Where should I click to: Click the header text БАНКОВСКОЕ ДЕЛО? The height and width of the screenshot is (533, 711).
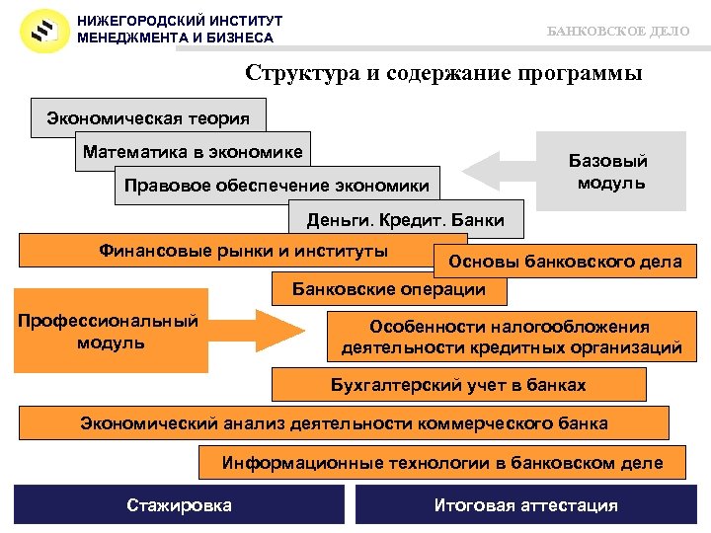pyautogui.click(x=618, y=32)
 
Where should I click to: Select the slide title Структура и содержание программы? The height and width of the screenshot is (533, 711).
pyautogui.click(x=443, y=73)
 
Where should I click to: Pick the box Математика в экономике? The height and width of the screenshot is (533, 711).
pyautogui.click(x=193, y=152)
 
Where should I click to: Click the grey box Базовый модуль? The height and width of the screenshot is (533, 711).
pyautogui.click(x=609, y=172)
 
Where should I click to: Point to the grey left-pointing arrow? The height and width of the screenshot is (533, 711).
pyautogui.click(x=498, y=170)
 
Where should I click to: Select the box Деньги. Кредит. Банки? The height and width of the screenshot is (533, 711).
pyautogui.click(x=405, y=220)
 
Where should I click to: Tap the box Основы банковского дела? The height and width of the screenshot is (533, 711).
pyautogui.click(x=564, y=262)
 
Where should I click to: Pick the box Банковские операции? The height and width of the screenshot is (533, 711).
pyautogui.click(x=389, y=289)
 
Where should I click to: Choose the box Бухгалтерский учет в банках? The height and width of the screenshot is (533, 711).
pyautogui.click(x=457, y=385)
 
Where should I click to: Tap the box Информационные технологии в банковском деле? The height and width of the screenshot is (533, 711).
pyautogui.click(x=441, y=462)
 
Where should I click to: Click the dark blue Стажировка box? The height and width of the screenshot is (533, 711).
pyautogui.click(x=179, y=505)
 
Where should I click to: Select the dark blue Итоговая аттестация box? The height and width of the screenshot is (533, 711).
pyautogui.click(x=525, y=505)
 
